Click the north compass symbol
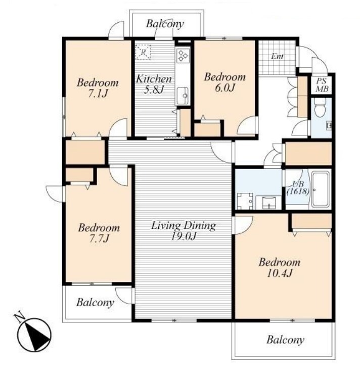(x=34, y=334)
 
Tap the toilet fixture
(x=320, y=108)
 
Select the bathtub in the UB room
(x=320, y=189)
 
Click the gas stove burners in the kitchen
(x=183, y=56)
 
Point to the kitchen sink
(x=183, y=96)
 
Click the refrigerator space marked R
(x=143, y=52)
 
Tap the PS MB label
(x=322, y=85)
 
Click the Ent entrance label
(x=278, y=56)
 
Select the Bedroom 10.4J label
(x=280, y=267)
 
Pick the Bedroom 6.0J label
(x=225, y=83)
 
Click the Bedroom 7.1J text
(x=98, y=88)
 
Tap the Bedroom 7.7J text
(x=99, y=233)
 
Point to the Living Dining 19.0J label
(x=184, y=231)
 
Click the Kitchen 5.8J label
(x=154, y=84)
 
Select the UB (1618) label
(x=298, y=188)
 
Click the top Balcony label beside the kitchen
(x=165, y=24)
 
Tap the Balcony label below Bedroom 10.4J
(x=286, y=340)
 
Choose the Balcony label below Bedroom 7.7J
(x=96, y=302)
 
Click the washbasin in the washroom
(x=269, y=202)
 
